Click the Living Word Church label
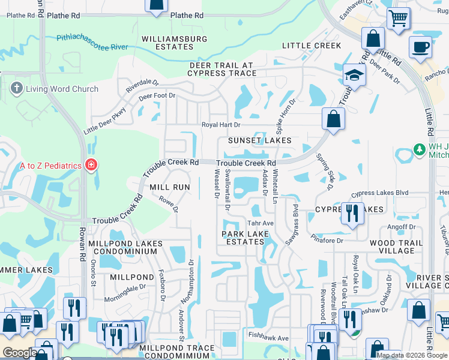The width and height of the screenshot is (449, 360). coord(53,89)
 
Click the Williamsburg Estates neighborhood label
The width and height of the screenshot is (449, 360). coord(174,43)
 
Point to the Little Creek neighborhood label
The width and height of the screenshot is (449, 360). coord(312,46)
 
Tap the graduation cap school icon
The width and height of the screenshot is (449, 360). coord(354,76)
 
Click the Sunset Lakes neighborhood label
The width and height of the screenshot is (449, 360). coord(259,140)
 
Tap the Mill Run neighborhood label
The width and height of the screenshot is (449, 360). coord(170,187)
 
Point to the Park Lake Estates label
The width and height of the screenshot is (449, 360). coord(243,238)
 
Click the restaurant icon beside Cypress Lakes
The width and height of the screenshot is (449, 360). coord(352,213)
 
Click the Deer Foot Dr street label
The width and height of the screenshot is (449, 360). coord(157,96)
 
